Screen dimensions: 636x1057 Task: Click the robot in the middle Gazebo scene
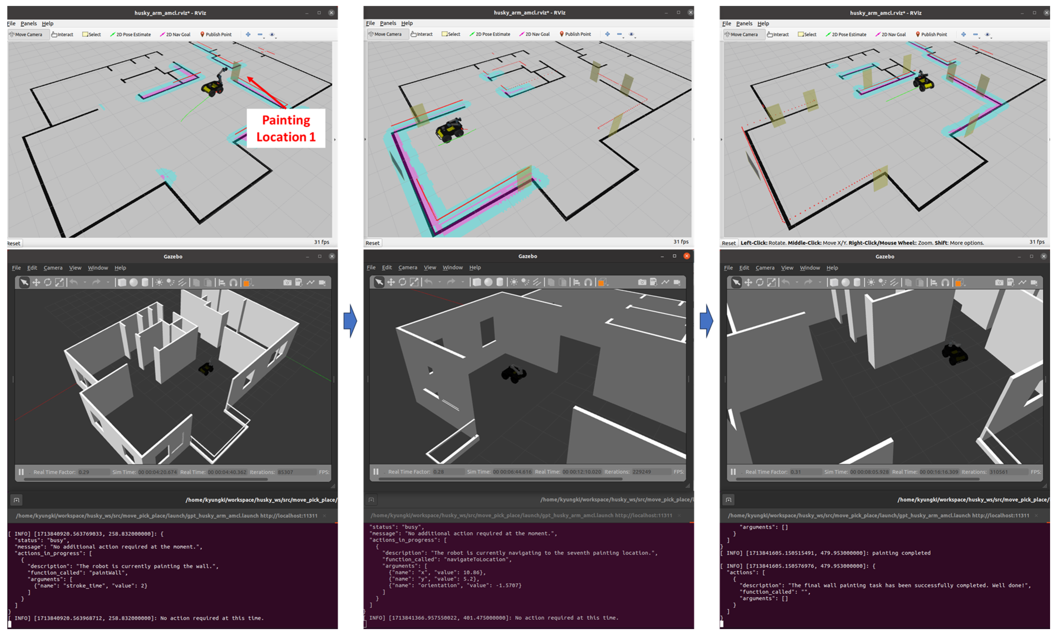(513, 374)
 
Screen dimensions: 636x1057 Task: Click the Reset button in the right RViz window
(728, 243)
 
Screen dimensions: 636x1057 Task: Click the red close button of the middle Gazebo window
(686, 256)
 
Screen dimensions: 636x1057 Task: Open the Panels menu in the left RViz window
(29, 24)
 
